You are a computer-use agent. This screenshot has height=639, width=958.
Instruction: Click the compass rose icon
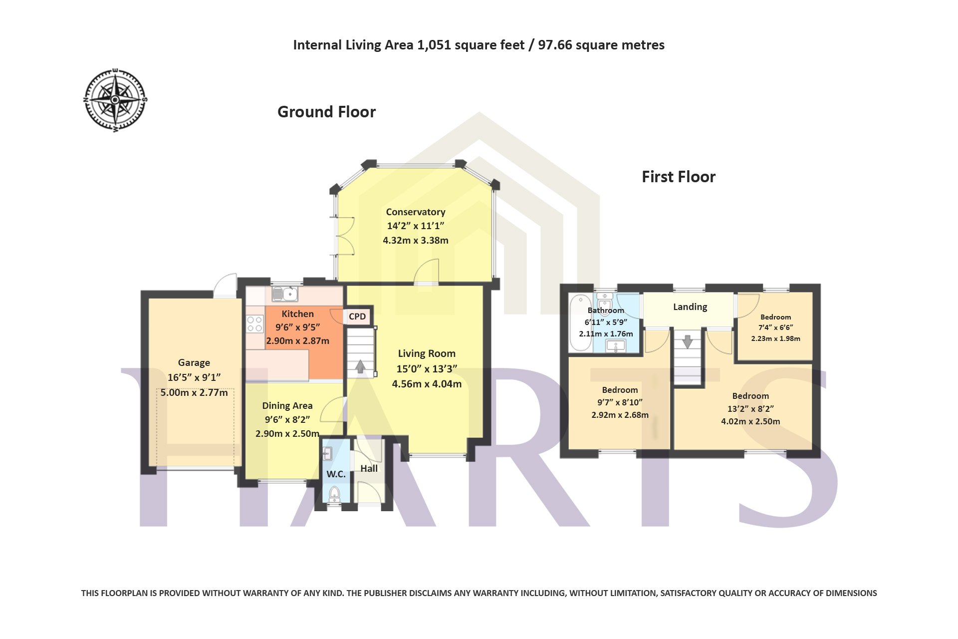115,100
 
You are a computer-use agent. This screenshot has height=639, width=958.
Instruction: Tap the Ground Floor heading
326,112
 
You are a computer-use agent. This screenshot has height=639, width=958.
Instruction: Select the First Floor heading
678,177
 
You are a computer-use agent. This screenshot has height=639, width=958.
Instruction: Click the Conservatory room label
416,212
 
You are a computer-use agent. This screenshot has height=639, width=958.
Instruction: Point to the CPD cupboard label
357,317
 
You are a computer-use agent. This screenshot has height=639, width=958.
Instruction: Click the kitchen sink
284,294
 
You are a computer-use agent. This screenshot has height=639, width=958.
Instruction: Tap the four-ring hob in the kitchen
255,323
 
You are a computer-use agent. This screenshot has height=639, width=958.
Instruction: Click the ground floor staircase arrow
360,367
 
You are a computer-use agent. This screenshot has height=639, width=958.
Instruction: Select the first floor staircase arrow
688,341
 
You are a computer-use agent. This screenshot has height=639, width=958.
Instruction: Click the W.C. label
336,474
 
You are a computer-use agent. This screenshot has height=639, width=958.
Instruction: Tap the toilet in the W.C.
334,494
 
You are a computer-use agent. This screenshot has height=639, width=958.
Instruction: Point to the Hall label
369,468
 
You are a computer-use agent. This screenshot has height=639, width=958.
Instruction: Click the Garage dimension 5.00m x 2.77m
194,392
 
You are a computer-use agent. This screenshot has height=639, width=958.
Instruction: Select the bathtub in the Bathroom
581,322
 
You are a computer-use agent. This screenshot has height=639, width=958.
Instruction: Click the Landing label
690,307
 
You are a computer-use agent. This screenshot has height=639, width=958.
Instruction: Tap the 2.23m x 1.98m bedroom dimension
775,338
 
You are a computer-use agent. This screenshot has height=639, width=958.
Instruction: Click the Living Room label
427,353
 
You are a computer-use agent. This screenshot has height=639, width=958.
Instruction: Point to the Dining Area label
287,406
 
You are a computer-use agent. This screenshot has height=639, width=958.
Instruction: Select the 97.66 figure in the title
555,45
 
